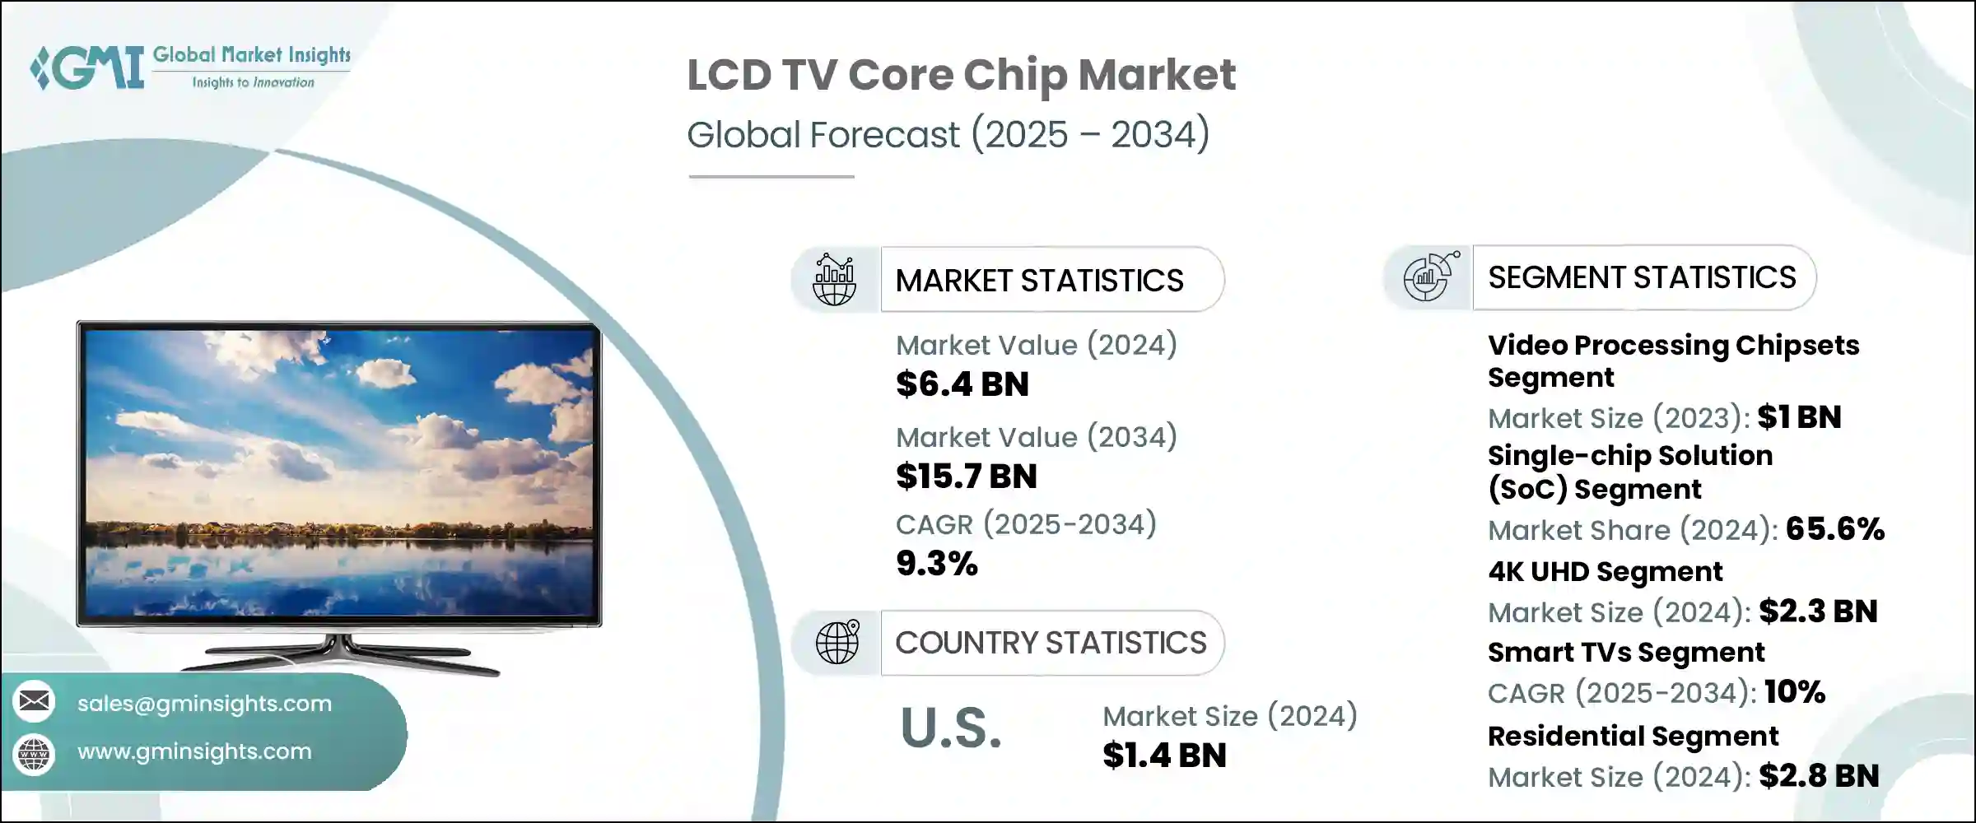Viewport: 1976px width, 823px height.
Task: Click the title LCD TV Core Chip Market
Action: (961, 75)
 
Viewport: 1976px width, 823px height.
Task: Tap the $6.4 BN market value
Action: (962, 384)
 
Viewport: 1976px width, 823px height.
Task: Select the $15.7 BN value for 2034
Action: (966, 477)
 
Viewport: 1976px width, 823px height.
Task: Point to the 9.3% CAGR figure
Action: (936, 564)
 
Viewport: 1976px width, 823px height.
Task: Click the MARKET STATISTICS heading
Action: (1039, 281)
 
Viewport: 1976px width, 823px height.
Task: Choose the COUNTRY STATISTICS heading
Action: (1051, 643)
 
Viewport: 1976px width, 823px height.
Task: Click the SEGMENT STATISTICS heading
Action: (1642, 278)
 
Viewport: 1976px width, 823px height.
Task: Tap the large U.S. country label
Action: (951, 728)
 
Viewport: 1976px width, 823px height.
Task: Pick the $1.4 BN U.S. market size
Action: (1164, 756)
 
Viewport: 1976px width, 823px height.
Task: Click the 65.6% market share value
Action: (1834, 529)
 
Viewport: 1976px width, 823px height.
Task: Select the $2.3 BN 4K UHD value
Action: (1818, 611)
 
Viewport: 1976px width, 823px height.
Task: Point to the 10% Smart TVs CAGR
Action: (1795, 692)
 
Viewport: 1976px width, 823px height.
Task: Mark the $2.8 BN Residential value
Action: (1819, 776)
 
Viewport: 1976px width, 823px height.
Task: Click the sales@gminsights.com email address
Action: (204, 704)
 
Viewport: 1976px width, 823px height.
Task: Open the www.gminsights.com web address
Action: (194, 751)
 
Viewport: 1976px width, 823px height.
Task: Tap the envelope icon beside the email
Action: (34, 701)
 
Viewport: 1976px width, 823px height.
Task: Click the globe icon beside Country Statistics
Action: (837, 642)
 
